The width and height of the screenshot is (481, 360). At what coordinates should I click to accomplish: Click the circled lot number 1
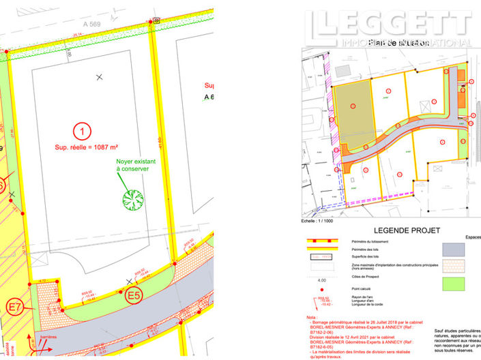coord(81,130)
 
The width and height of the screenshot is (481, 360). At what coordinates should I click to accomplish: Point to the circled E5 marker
coord(134,295)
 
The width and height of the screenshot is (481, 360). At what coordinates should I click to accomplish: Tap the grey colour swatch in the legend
coord(454,250)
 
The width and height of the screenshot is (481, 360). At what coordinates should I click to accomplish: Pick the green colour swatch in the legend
coord(454,283)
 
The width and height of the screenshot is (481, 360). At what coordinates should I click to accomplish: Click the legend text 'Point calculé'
coord(361,290)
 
